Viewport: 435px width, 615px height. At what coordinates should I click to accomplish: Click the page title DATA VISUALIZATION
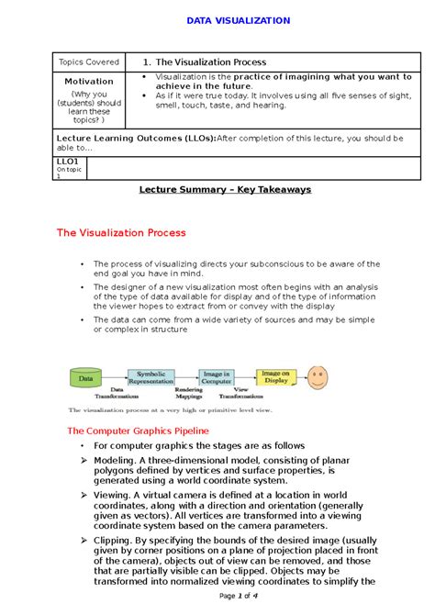238,20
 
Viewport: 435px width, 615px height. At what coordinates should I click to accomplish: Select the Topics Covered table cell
90,61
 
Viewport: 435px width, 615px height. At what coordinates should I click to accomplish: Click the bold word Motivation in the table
89,82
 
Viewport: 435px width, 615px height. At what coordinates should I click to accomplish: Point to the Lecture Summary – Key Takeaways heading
225,189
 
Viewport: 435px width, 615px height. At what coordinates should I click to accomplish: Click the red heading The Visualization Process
121,233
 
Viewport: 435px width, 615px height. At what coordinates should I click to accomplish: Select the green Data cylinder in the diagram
86,377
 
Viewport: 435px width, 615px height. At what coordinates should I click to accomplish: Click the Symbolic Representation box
152,377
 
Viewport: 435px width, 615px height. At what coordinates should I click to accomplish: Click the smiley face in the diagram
318,377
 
